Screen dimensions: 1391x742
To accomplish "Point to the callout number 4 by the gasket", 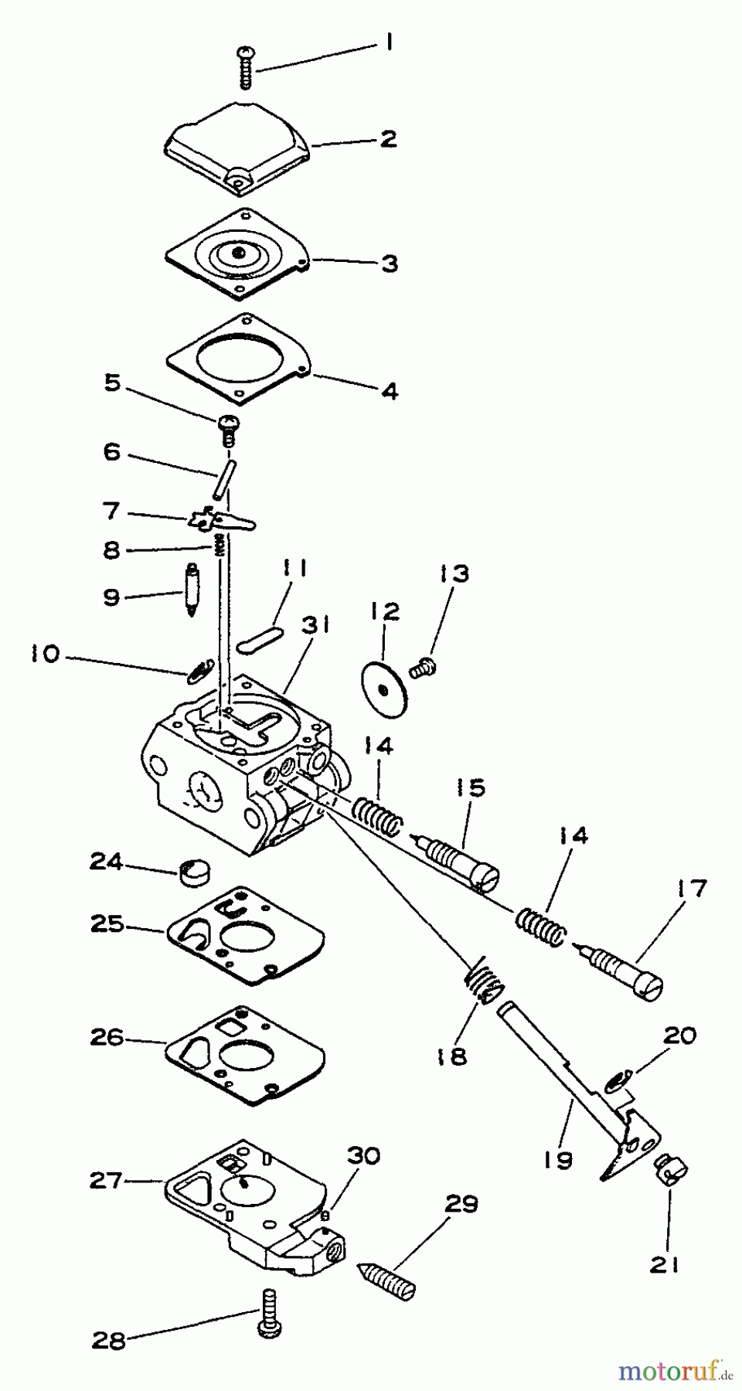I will [390, 392].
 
